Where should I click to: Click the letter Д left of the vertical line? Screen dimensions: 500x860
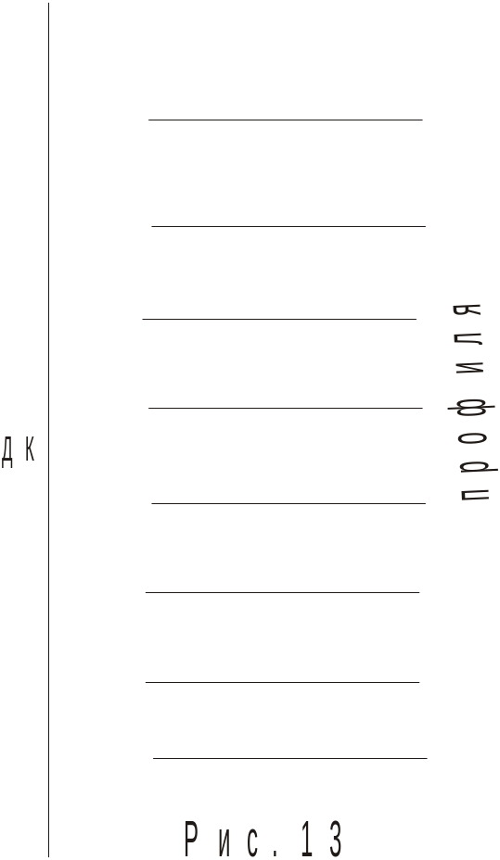click(x=6, y=452)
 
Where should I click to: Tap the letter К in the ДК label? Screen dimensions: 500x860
click(x=30, y=449)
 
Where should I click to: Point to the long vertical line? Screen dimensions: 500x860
click(x=48, y=430)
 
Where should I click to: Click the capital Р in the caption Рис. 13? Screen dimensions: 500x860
click(x=191, y=840)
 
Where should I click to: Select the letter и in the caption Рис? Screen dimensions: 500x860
click(x=224, y=844)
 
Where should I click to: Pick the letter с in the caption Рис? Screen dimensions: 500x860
click(x=253, y=844)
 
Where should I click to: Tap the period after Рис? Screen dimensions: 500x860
click(x=276, y=854)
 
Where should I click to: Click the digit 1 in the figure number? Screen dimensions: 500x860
click(x=306, y=840)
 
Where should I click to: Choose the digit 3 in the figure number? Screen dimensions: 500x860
click(x=336, y=840)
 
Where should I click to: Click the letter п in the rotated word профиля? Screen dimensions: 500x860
click(x=472, y=494)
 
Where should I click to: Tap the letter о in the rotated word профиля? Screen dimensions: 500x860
click(x=472, y=437)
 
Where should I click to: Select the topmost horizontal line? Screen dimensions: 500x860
click(x=286, y=120)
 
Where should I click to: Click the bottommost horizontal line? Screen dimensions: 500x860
click(x=289, y=759)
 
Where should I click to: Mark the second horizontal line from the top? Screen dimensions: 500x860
click(x=288, y=226)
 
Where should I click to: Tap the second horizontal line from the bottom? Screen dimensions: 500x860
click(x=282, y=682)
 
